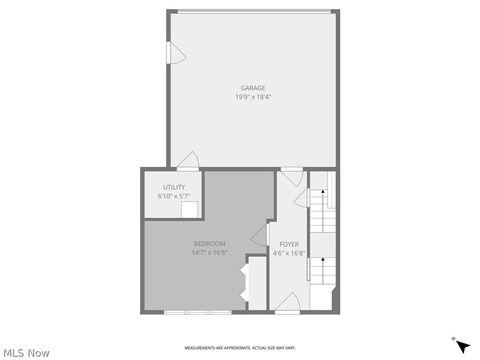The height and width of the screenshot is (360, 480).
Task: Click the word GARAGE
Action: (252, 88)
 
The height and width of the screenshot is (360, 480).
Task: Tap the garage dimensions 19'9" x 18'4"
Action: (252, 97)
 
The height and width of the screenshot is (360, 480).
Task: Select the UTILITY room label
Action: (174, 187)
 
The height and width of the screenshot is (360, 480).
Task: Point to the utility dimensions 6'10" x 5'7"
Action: (174, 196)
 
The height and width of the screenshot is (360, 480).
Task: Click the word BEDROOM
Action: (209, 244)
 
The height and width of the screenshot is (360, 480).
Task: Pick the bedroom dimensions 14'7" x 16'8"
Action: (209, 253)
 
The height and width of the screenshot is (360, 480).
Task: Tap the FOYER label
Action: (289, 244)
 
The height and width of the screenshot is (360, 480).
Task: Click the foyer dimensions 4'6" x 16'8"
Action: (289, 253)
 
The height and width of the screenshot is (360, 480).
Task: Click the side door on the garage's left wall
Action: (173, 52)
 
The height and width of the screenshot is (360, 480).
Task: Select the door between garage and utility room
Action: (187, 161)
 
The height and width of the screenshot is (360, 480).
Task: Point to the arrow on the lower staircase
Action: (323, 266)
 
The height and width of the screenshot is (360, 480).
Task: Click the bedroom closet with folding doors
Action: (252, 284)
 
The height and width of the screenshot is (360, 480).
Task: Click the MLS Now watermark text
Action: (26, 352)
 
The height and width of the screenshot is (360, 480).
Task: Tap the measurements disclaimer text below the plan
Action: (240, 347)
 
